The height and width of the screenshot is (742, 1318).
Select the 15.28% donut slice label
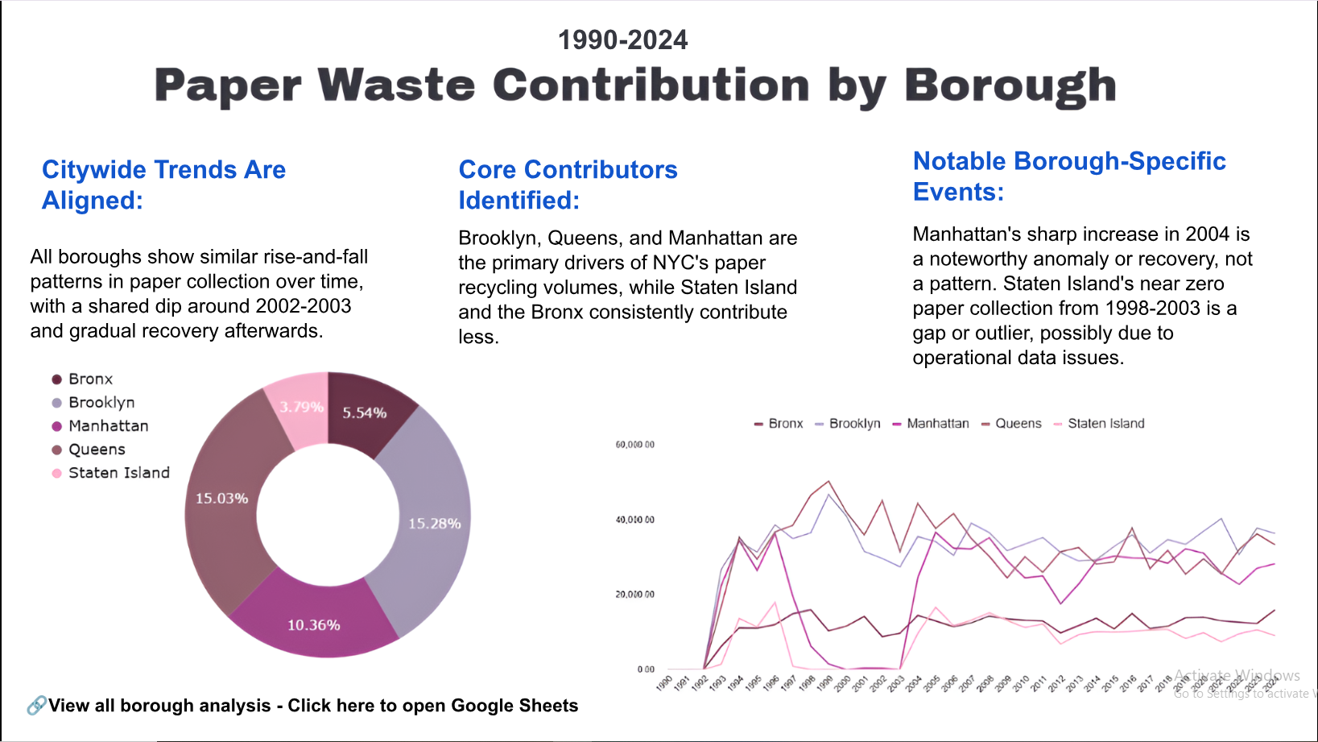pos(434,524)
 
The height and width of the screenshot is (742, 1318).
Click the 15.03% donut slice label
pos(221,499)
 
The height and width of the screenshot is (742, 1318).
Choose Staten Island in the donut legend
pos(118,473)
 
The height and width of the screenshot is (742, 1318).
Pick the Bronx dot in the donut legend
pos(57,379)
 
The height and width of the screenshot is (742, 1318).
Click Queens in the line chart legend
pos(1018,424)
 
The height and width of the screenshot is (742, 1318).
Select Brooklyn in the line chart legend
pos(854,424)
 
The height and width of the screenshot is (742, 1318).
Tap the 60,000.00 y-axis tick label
pos(634,445)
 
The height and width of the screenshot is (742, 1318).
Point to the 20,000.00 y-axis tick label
pos(634,595)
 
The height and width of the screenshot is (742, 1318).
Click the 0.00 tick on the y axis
pos(646,669)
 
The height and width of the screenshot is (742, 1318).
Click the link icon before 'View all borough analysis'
pos(36,706)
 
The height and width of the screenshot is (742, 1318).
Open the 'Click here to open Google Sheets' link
pos(433,706)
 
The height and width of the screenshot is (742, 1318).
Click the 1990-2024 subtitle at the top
pos(622,40)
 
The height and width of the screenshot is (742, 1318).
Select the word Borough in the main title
pos(1010,85)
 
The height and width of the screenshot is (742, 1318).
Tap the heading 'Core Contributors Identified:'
pos(568,184)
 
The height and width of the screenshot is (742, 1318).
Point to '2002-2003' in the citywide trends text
pos(303,306)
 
